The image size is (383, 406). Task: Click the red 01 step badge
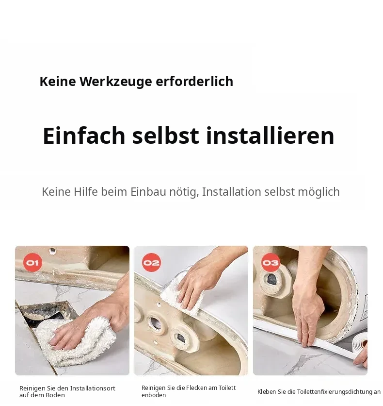32,263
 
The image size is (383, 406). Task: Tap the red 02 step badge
151,263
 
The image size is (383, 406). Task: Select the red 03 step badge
271,263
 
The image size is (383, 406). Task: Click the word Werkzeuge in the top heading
115,82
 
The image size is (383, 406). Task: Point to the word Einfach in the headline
84,135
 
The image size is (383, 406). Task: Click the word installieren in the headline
271,135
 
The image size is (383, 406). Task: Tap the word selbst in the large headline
166,135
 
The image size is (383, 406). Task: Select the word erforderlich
194,81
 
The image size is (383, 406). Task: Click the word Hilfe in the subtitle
86,192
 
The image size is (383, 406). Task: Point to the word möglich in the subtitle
319,192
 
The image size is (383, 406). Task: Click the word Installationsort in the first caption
93,388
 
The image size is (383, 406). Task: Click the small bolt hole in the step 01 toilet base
52,251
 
